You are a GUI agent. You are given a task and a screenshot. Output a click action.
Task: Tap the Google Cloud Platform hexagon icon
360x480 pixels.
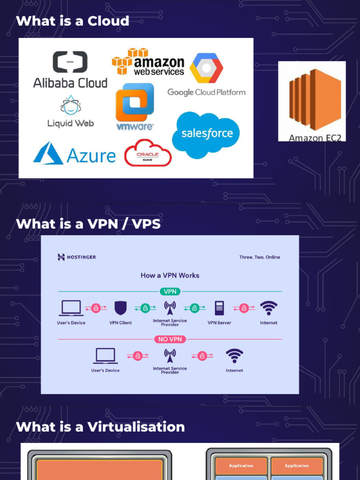pos(206,68)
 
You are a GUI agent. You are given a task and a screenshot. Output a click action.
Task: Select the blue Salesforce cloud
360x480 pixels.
pos(206,135)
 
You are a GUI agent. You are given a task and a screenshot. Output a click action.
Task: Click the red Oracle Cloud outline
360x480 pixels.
pos(148,153)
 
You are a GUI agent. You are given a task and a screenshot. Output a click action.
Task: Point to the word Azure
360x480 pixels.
pos(91,156)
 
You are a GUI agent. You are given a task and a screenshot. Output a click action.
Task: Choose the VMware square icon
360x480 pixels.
pos(135,102)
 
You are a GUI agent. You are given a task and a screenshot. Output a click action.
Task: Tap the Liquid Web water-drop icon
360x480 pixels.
pos(71,105)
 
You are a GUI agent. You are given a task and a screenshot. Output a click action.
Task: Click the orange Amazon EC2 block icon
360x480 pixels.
pos(315,99)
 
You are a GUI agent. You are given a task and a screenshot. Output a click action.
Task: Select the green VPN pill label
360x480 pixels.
pos(170,292)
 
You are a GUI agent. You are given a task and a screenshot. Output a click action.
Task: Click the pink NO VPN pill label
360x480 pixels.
pos(170,339)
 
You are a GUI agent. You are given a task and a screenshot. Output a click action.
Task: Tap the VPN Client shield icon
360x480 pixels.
pos(120,308)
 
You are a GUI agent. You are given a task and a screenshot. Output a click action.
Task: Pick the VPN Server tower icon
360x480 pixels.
pos(219,308)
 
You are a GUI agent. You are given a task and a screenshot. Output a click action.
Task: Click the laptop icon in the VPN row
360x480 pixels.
pos(71,308)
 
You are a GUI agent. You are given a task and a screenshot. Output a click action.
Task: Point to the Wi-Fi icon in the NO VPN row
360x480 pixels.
pos(234,356)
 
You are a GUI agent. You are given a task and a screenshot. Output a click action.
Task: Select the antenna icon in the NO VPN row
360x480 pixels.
pos(170,356)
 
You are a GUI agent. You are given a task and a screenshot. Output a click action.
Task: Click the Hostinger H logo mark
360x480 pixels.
pos(61,257)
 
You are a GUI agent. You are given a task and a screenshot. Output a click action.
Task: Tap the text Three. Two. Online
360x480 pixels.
pos(260,257)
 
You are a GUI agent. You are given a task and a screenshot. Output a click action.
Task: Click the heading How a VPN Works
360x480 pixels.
pos(170,276)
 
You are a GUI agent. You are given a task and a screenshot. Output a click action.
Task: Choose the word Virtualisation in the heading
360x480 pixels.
pos(136,427)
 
